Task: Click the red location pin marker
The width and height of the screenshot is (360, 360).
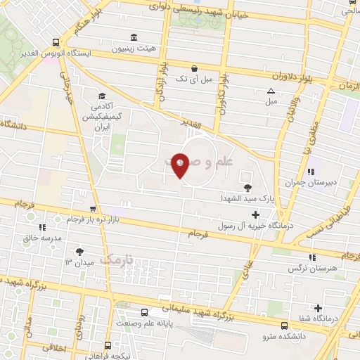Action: click(181, 165)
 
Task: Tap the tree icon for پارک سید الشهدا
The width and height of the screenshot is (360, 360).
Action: click(247, 187)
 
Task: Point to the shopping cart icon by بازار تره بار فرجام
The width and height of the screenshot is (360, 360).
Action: click(93, 209)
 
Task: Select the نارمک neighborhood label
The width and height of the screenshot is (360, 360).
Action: click(116, 261)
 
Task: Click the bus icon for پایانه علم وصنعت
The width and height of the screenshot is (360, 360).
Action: click(143, 312)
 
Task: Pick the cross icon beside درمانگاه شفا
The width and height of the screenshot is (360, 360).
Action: click(319, 308)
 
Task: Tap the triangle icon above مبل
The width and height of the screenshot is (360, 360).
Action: click(271, 91)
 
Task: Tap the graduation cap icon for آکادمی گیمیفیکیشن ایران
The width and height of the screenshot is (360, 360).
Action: click(103, 96)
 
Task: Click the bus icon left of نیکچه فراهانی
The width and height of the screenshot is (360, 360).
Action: click(108, 345)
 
